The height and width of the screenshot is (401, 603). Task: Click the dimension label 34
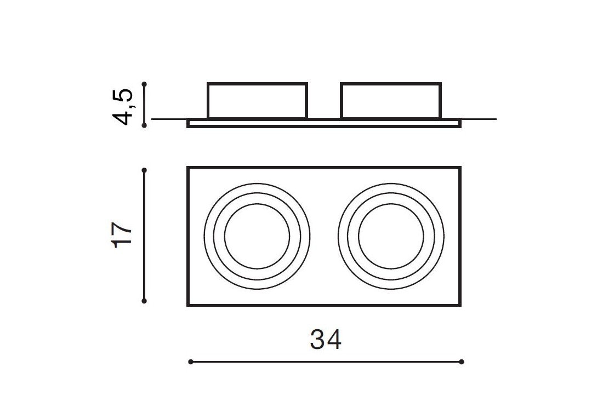coord(326,340)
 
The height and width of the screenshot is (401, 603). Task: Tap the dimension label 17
coord(122,234)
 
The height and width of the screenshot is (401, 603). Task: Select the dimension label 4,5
coord(122,106)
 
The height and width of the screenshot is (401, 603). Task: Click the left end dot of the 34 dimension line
coord(191,362)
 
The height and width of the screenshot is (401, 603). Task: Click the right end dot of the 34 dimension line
coord(462,362)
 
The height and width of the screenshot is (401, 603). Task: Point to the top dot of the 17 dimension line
coord(144,170)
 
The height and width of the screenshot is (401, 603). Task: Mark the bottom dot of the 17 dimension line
coord(144,301)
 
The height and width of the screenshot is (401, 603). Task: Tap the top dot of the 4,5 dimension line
coord(144,84)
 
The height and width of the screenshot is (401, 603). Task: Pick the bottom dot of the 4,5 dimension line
coord(144,125)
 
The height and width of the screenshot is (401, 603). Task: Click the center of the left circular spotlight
coord(257,236)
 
